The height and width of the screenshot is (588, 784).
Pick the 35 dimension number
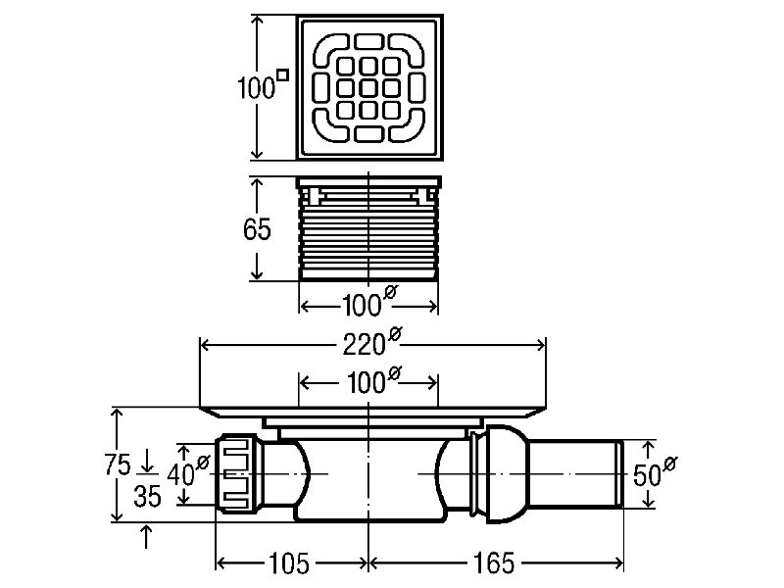pyautogui.click(x=147, y=497)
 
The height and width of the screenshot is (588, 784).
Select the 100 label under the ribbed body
pyautogui.click(x=362, y=305)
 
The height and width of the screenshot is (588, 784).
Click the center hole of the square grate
pyautogui.click(x=368, y=86)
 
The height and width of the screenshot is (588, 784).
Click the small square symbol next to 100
pyautogui.click(x=283, y=73)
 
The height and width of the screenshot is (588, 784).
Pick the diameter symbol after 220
pyautogui.click(x=395, y=336)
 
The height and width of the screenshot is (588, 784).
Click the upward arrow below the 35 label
pyautogui.click(x=147, y=534)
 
